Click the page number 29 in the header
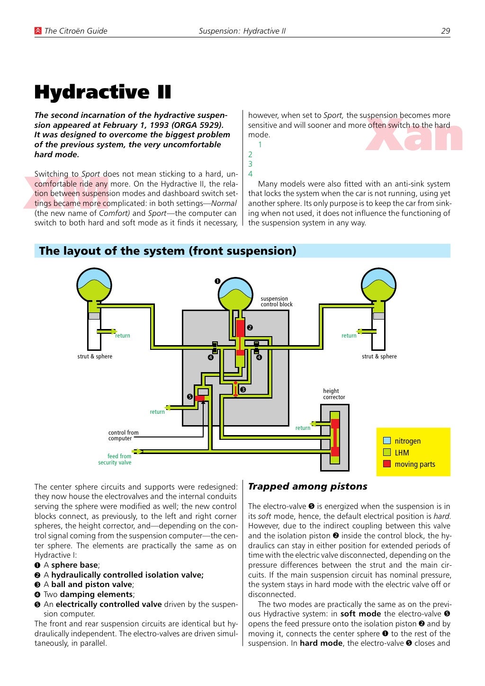click(445, 31)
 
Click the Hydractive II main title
click(103, 92)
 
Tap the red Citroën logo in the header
click(38, 31)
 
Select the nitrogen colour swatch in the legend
click(387, 441)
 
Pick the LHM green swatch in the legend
click(387, 452)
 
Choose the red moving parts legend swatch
click(387, 464)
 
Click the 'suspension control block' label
click(276, 302)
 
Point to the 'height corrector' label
click(334, 394)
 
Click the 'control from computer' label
click(123, 436)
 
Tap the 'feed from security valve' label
click(115, 459)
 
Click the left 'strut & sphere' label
click(95, 356)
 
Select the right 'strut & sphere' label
click(379, 356)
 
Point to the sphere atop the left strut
click(94, 285)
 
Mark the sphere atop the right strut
click(378, 285)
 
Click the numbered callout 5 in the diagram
click(190, 397)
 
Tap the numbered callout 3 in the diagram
click(243, 390)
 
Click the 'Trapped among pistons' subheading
click(307, 486)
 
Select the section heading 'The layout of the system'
click(168, 251)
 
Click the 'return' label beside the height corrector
click(303, 428)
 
